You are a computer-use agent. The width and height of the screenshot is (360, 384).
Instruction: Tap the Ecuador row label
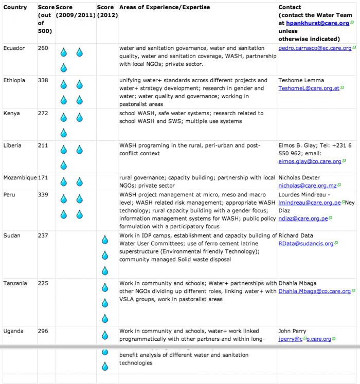pos(13,48)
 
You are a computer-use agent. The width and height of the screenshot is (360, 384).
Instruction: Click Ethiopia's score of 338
pos(43,80)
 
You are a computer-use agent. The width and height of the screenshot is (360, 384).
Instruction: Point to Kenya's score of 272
pos(43,113)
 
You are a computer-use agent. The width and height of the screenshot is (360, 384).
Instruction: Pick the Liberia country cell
pos(12,145)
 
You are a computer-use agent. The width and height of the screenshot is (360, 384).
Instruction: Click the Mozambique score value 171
pos(43,177)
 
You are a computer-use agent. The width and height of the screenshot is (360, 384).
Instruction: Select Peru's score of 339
pos(43,195)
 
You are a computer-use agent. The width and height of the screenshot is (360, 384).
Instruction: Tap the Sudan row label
pos(11,235)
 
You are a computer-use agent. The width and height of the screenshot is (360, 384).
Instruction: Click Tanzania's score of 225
pos(43,283)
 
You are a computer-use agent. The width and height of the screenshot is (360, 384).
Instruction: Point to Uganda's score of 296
pos(43,331)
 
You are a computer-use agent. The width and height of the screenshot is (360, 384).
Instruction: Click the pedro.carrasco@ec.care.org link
pos(315,48)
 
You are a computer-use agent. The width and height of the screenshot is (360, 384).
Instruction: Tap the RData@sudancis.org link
pos(306,244)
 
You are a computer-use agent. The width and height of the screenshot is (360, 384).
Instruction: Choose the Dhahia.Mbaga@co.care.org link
pos(314,291)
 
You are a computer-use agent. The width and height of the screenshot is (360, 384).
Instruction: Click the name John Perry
pos(292,331)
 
